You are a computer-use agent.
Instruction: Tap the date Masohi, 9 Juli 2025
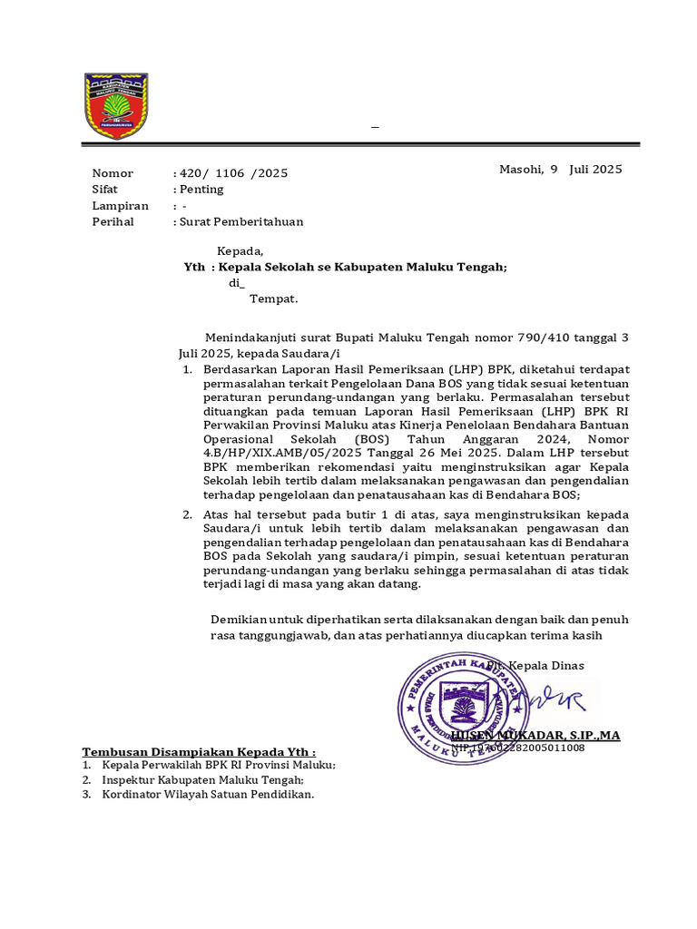tap(560, 170)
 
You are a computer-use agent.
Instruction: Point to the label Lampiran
tap(120, 206)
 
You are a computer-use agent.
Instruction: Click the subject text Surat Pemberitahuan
tap(241, 221)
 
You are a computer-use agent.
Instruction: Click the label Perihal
tap(113, 221)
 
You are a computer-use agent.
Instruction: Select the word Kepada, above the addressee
tap(241, 251)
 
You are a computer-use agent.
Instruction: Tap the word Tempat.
tap(274, 298)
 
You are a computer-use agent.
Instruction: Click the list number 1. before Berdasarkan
tap(186, 370)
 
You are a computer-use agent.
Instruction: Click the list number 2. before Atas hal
tap(186, 514)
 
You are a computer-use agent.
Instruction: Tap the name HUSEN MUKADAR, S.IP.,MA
tap(535, 735)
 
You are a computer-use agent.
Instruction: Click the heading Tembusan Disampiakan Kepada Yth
tap(200, 752)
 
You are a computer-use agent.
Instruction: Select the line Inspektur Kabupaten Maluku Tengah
tap(203, 779)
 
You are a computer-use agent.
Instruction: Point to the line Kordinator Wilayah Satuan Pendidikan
tap(209, 795)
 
